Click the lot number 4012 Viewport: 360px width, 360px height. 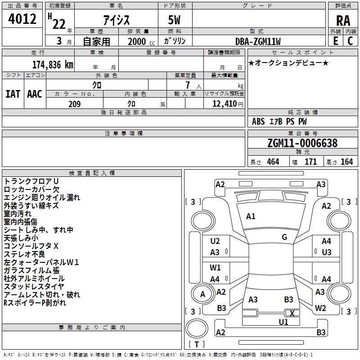tap(22, 19)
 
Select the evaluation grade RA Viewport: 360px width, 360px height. tap(343, 21)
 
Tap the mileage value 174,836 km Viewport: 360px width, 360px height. tap(53, 65)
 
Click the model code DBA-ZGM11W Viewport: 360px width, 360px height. tap(258, 41)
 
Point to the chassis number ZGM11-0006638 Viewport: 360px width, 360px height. tap(302, 143)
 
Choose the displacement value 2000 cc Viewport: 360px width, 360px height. tap(141, 41)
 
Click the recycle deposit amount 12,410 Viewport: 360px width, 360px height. tap(224, 104)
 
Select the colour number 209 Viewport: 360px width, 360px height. tap(74, 104)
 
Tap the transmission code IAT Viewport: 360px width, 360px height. tap(13, 94)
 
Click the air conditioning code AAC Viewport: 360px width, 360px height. tap(35, 94)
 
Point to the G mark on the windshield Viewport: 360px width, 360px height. tap(284, 237)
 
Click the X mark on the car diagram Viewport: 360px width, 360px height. tap(292, 313)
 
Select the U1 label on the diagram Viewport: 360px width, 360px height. tap(283, 322)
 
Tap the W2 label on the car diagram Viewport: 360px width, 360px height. tap(320, 308)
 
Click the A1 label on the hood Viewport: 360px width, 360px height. tap(251, 216)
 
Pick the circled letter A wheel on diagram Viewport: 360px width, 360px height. tap(202, 294)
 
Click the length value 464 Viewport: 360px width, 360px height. tap(273, 162)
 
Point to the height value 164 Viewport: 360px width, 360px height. tap(346, 162)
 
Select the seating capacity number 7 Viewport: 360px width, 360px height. tap(188, 85)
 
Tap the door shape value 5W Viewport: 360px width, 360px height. tap(174, 20)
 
